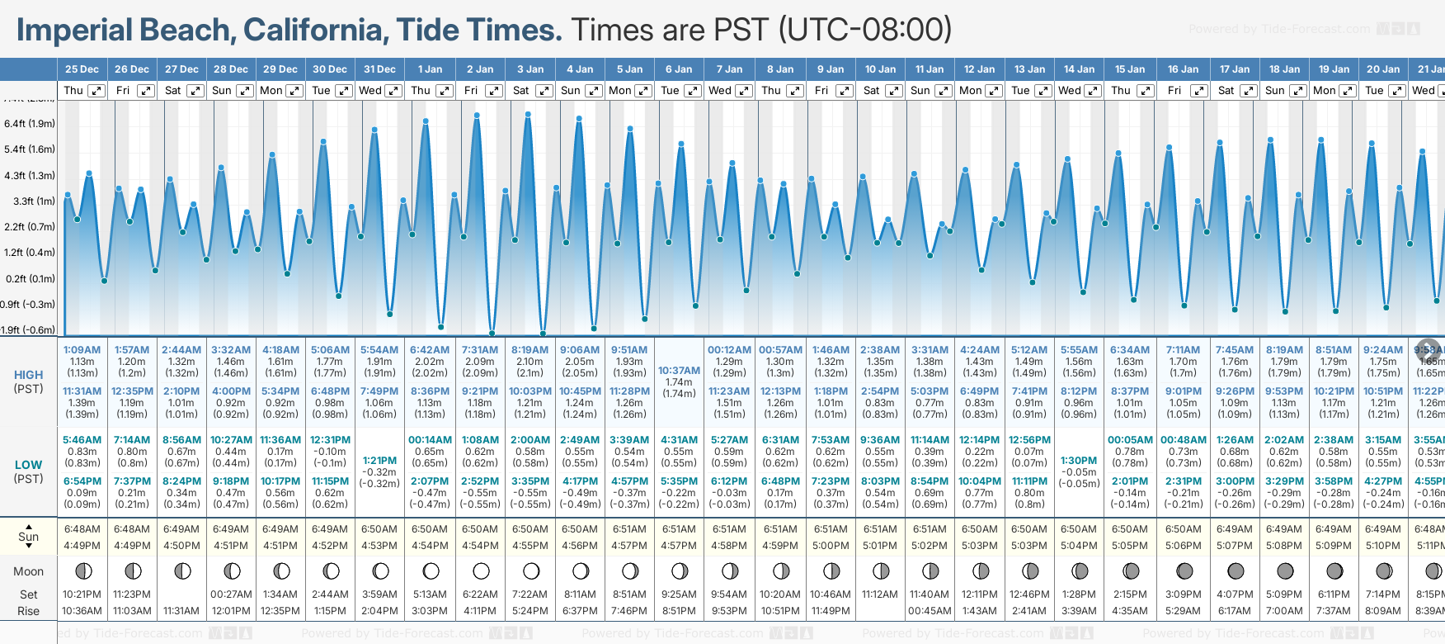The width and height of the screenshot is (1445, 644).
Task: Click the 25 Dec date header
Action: click(x=82, y=69)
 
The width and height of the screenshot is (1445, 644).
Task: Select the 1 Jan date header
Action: click(x=430, y=69)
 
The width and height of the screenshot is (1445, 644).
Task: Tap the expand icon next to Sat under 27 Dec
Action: click(x=195, y=91)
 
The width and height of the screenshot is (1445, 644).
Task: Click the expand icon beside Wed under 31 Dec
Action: click(x=393, y=91)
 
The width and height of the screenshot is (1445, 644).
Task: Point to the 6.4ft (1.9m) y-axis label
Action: click(x=30, y=124)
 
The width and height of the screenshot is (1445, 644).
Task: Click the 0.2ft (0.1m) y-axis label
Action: click(x=30, y=279)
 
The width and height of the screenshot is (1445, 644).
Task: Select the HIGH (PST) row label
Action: click(x=29, y=381)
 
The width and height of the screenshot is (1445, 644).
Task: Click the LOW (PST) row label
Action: click(x=29, y=471)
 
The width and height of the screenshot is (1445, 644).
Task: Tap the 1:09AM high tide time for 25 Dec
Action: click(x=82, y=350)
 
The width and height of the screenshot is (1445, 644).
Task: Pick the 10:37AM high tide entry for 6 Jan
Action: click(x=679, y=371)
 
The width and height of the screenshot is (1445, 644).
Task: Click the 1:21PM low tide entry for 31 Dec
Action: click(x=379, y=461)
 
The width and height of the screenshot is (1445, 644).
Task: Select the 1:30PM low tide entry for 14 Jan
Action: click(x=1079, y=461)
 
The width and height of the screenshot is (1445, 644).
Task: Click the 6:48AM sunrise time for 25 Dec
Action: click(x=82, y=529)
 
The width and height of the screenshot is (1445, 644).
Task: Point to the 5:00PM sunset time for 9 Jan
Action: click(x=831, y=546)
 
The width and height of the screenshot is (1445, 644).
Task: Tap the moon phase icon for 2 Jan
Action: click(x=481, y=571)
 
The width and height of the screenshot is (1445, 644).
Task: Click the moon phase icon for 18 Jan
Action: click(x=1284, y=571)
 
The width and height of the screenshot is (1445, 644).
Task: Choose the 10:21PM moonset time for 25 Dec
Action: click(x=82, y=594)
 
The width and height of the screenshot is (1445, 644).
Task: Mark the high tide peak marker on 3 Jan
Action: click(x=527, y=114)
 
